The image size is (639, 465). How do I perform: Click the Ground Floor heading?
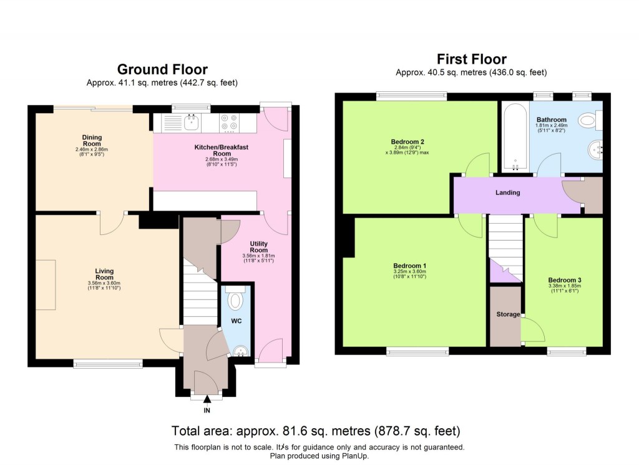pos(162,69)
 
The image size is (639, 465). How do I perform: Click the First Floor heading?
pos(471,59)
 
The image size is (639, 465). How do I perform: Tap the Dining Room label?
pos(92,137)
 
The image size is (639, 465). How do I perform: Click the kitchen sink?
pos(188,122)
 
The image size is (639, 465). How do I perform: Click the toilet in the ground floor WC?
pos(236,300)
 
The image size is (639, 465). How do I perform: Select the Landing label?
pos(507,192)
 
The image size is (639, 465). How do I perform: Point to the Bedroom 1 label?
pos(409,266)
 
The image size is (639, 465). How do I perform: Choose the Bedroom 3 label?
pos(563,280)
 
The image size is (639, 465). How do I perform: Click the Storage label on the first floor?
pos(508,314)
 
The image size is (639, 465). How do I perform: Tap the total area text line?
pos(316,431)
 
